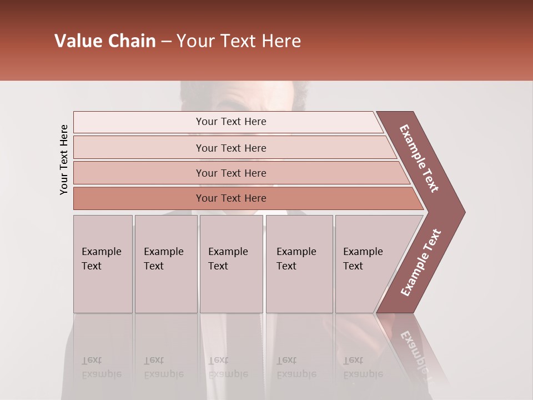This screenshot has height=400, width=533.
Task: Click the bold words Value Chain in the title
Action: pyautogui.click(x=105, y=41)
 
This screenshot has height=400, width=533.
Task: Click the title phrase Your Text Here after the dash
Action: pyautogui.click(x=239, y=41)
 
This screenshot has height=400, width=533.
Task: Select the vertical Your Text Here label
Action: pyautogui.click(x=64, y=159)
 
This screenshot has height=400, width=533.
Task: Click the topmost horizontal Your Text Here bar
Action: pyautogui.click(x=230, y=122)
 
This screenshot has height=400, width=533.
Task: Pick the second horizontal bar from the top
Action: pyautogui.click(x=230, y=148)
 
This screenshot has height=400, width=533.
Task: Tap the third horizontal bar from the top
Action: pyautogui.click(x=230, y=173)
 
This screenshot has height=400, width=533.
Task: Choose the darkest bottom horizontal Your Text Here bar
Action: pyautogui.click(x=230, y=198)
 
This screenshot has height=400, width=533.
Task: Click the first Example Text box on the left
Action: pyautogui.click(x=103, y=264)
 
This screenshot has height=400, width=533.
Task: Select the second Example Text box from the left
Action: pyautogui.click(x=165, y=264)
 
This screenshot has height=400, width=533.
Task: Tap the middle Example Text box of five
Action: pyautogui.click(x=231, y=264)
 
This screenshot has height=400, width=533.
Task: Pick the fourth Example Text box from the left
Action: pyautogui.click(x=299, y=264)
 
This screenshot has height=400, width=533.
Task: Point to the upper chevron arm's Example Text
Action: pyautogui.click(x=419, y=158)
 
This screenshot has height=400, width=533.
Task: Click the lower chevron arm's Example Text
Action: pyautogui.click(x=421, y=263)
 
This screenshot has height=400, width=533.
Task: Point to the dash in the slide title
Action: pyautogui.click(x=166, y=42)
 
